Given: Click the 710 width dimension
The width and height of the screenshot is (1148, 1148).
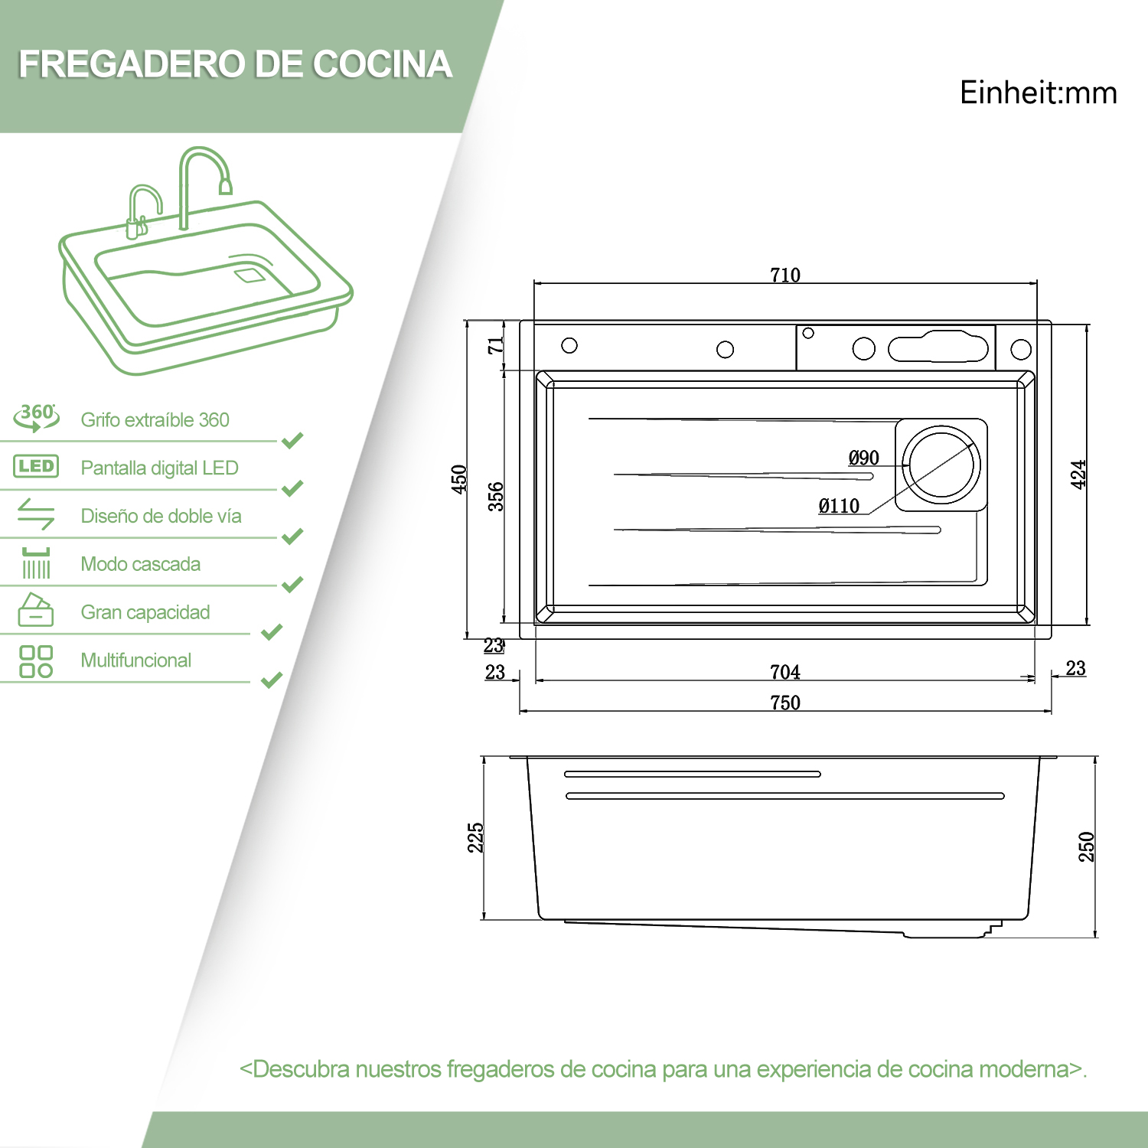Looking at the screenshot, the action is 785,275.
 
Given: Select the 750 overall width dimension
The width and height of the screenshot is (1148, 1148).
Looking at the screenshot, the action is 785,703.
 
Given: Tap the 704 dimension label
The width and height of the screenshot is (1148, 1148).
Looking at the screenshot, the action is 785,672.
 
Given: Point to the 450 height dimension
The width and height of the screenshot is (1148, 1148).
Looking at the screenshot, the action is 459,479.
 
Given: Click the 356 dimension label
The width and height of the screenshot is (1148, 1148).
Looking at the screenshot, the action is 496,496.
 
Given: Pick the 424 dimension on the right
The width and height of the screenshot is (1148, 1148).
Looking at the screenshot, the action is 1078,475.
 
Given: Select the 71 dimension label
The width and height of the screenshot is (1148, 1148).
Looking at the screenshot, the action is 496,345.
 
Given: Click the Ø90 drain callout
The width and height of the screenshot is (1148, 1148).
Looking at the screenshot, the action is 864,458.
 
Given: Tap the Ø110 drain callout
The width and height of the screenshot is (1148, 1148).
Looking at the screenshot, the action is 840,506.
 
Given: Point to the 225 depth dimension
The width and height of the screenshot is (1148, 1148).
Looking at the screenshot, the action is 475,837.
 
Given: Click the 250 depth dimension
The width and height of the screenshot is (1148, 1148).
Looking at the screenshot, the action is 1086,846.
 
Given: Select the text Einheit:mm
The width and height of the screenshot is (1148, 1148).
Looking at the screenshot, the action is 1039,93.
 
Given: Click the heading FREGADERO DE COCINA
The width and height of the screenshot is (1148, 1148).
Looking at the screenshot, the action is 235,64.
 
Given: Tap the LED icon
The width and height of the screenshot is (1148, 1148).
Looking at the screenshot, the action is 36,466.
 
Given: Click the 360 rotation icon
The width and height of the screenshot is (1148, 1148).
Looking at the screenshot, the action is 36,417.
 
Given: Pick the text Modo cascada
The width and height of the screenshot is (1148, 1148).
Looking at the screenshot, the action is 141,564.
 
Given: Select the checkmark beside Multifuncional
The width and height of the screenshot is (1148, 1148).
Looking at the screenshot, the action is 272,680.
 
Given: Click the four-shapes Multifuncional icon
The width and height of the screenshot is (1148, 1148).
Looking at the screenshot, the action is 36,661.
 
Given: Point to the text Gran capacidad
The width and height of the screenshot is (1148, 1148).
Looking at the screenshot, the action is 145,612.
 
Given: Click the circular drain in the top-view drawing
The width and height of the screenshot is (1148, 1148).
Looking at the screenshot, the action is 941,465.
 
